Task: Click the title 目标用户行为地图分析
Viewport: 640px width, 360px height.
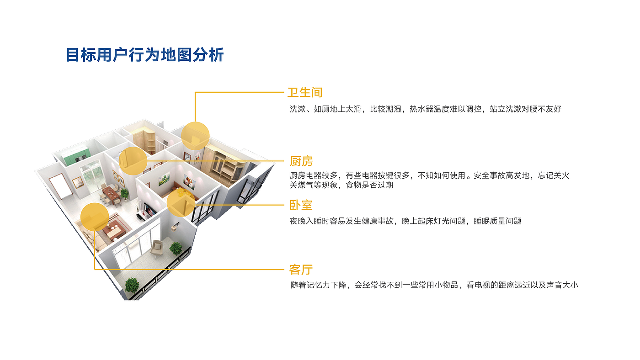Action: [x=144, y=55]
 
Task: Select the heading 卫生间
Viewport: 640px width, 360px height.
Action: [x=305, y=92]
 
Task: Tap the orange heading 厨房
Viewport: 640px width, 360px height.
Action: [x=301, y=161]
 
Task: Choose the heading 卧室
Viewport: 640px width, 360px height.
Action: [x=301, y=205]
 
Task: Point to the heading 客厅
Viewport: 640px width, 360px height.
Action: [x=301, y=270]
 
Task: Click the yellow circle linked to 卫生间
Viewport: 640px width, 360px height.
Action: [x=195, y=136]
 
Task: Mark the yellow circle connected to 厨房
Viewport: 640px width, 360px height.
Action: [x=133, y=161]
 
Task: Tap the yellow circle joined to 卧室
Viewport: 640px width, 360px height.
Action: [x=181, y=203]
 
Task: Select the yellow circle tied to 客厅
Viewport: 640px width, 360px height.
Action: [x=94, y=217]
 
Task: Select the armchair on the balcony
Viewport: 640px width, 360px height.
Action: [x=157, y=248]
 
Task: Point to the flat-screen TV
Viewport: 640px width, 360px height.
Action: [x=150, y=209]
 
